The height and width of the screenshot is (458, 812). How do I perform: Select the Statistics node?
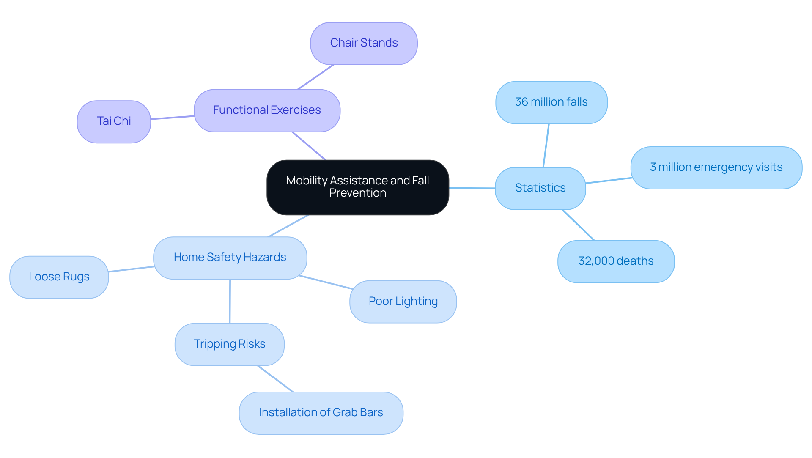540,188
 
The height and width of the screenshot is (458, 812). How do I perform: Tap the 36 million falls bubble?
551,102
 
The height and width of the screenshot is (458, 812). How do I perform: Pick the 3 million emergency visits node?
716,167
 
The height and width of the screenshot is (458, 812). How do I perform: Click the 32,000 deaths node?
616,261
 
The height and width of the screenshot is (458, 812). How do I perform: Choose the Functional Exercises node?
267,110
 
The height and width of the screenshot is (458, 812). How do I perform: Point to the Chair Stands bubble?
364,43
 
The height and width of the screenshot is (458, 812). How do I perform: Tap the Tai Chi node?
114,121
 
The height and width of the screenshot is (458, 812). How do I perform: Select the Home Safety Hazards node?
230,258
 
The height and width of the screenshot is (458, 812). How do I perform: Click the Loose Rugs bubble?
59,277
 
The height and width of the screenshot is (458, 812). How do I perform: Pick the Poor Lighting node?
403,302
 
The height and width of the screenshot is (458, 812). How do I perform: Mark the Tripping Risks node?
229,344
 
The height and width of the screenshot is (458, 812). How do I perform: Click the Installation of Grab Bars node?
321,413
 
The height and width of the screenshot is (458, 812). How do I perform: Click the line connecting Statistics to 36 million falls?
546,145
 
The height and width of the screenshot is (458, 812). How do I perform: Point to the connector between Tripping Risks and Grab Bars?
275,379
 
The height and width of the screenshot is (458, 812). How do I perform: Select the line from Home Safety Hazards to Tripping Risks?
230,301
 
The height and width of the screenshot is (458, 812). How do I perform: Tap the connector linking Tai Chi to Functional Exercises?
173,118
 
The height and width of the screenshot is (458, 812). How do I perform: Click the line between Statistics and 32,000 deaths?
578,225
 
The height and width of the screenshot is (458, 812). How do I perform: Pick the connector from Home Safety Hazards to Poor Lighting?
326,282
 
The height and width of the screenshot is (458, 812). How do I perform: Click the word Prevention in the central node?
358,193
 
